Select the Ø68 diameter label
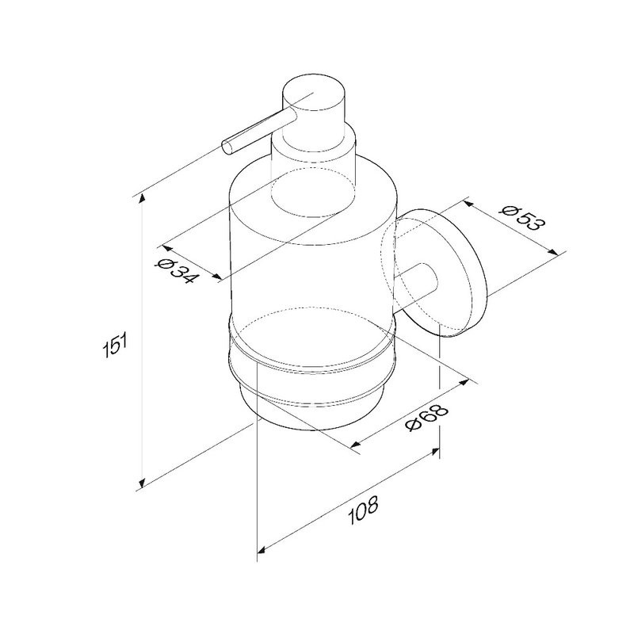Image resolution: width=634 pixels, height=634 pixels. pos(428,418)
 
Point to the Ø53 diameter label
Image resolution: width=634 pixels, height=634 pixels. pos(522,219)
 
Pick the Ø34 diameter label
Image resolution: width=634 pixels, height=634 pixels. pos(177,270)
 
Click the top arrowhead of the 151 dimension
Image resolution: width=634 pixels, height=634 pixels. pos(142,199)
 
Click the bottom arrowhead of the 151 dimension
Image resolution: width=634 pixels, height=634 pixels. pos(142,483)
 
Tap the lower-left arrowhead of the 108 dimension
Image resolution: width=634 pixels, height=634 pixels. pos(262,549)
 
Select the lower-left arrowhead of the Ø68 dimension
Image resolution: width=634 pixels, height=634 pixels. pos(355,445)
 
